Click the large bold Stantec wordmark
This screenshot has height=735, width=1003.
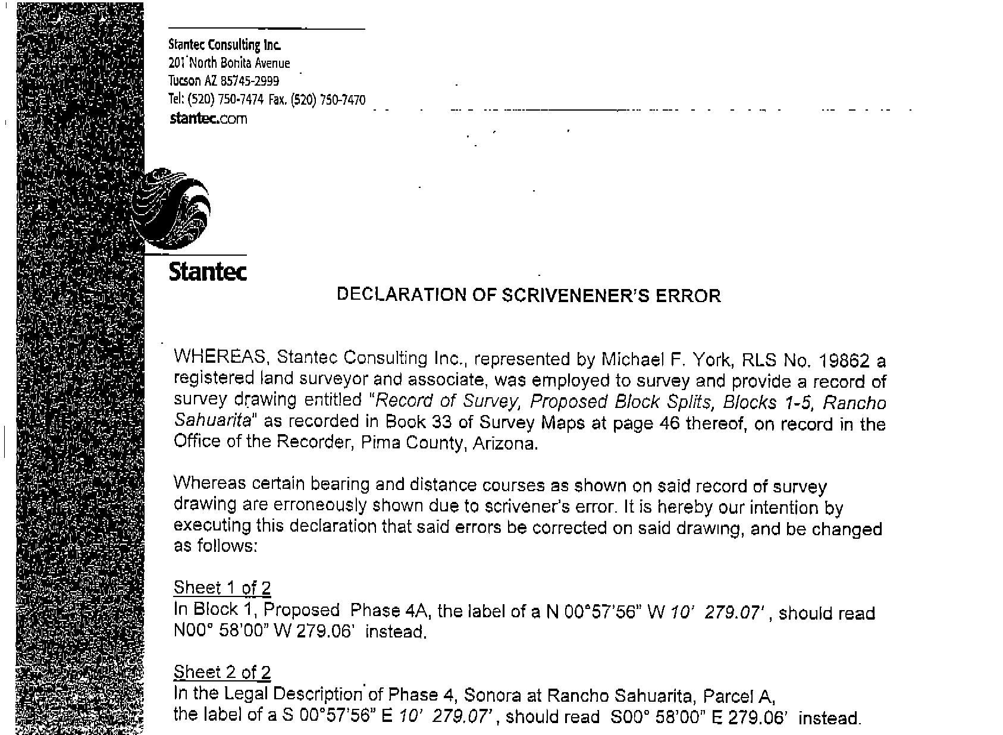click(x=208, y=271)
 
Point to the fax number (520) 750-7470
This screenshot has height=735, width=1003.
click(x=327, y=100)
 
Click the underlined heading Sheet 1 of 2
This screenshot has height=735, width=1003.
click(x=222, y=588)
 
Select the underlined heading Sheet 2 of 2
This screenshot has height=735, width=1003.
click(x=222, y=673)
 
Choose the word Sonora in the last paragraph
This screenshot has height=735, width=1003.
click(x=490, y=695)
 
